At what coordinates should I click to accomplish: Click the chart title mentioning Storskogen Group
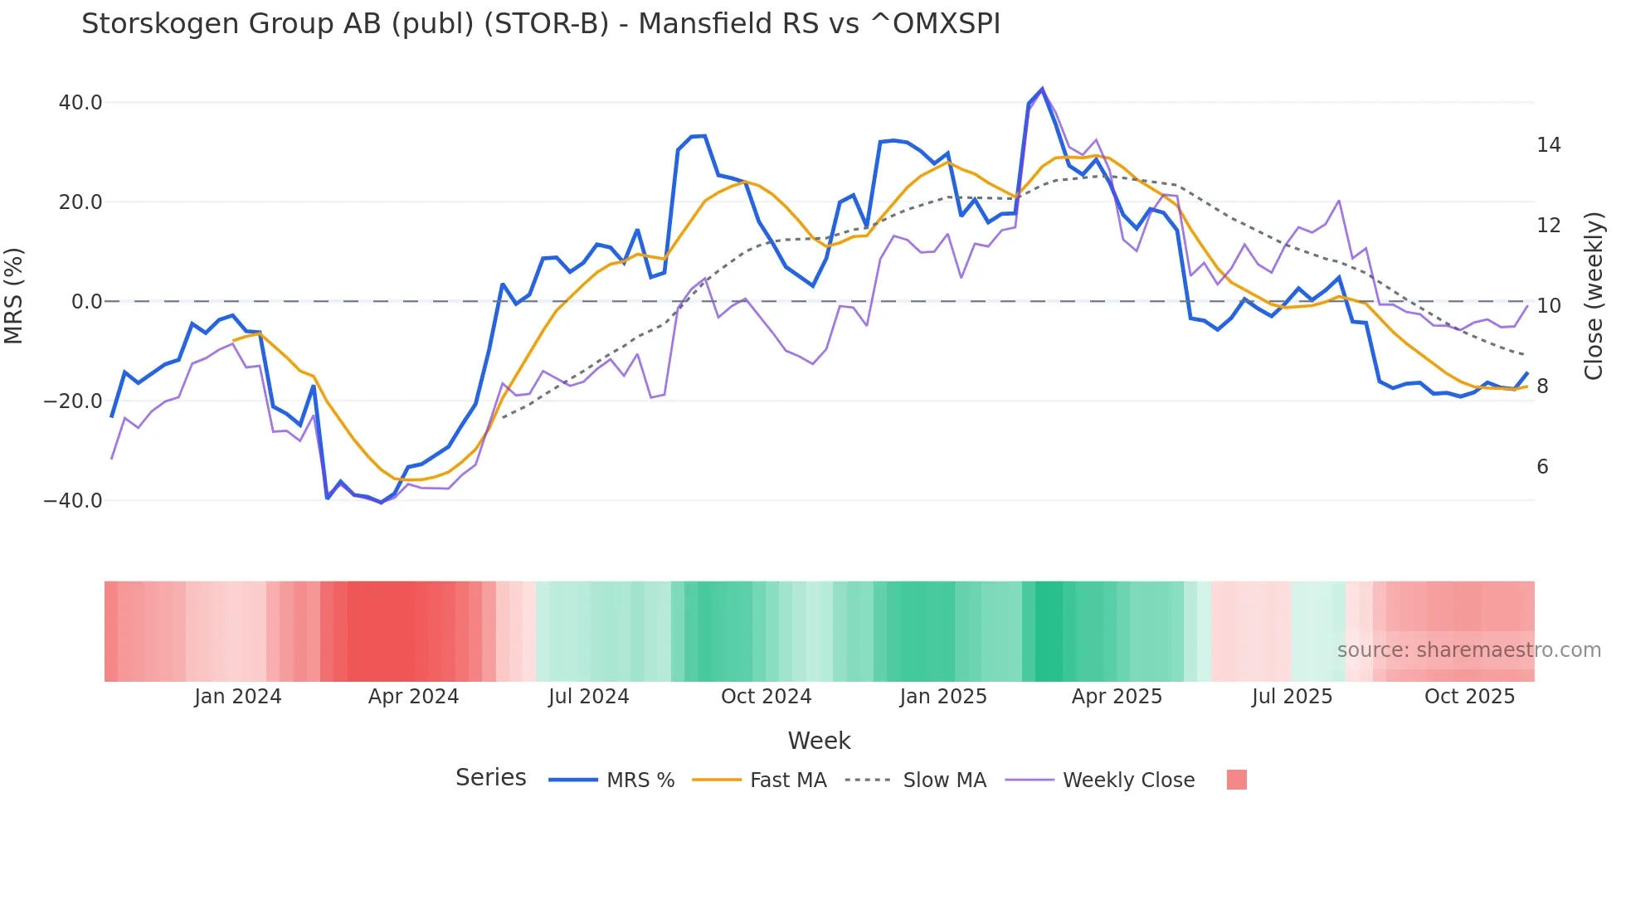pos(541,24)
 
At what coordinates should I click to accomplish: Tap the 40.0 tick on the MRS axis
pos(80,103)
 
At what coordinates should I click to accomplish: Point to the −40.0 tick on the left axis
pos(73,501)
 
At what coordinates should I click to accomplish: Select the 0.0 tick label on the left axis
pos(86,302)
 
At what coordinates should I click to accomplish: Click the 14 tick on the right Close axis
pos(1548,145)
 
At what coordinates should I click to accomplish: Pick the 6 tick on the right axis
pos(1542,467)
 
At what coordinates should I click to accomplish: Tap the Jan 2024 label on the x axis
pos(238,697)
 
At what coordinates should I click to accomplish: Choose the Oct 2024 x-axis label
pos(766,697)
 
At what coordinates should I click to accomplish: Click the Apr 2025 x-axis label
pos(1117,697)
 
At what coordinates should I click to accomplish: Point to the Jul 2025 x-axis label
pos(1292,697)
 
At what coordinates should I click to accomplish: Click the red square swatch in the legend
pos(1236,780)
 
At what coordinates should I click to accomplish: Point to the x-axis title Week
pos(819,741)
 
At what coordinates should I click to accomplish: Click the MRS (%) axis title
pos(14,296)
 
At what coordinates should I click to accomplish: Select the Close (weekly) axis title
pos(1594,296)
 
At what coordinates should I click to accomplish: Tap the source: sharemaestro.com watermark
pos(1468,650)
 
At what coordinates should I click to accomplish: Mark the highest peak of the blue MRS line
pos(1042,89)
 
